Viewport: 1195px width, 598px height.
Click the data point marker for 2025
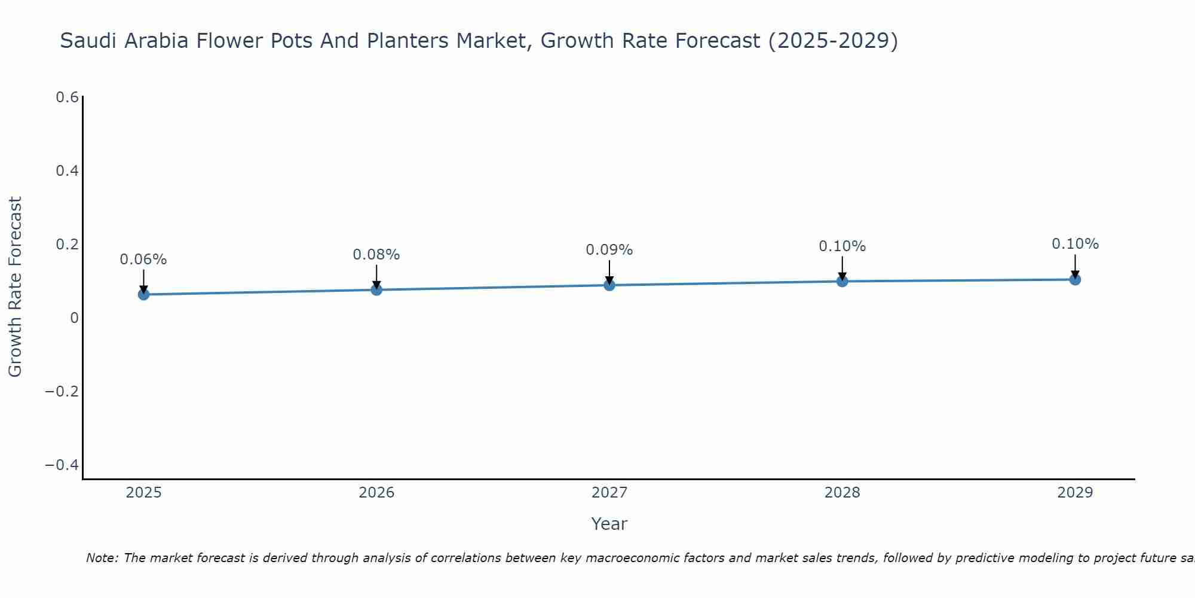[x=143, y=294]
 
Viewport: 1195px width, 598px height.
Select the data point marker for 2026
[x=376, y=289]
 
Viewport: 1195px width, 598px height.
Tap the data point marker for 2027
[x=609, y=285]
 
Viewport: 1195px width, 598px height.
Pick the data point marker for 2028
[x=842, y=281]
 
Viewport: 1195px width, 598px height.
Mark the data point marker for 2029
[x=1075, y=279]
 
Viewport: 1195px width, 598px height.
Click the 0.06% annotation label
[x=143, y=260]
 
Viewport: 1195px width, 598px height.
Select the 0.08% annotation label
[x=376, y=255]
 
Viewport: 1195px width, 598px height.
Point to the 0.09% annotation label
[x=609, y=250]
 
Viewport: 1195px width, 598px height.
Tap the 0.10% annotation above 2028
[x=842, y=246]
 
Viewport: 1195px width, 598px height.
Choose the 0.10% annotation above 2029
[x=1075, y=244]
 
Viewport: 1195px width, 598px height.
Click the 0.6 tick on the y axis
[x=68, y=97]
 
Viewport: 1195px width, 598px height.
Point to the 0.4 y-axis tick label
[x=68, y=171]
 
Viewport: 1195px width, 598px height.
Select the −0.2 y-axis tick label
[x=62, y=392]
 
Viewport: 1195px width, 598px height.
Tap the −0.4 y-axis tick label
[x=62, y=465]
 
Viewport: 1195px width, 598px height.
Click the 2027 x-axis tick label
[x=609, y=493]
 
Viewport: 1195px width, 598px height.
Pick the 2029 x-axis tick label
[x=1075, y=493]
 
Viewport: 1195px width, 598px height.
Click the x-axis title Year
[x=609, y=524]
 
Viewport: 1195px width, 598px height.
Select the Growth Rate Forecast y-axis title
[x=15, y=287]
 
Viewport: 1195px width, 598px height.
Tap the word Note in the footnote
[x=102, y=558]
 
